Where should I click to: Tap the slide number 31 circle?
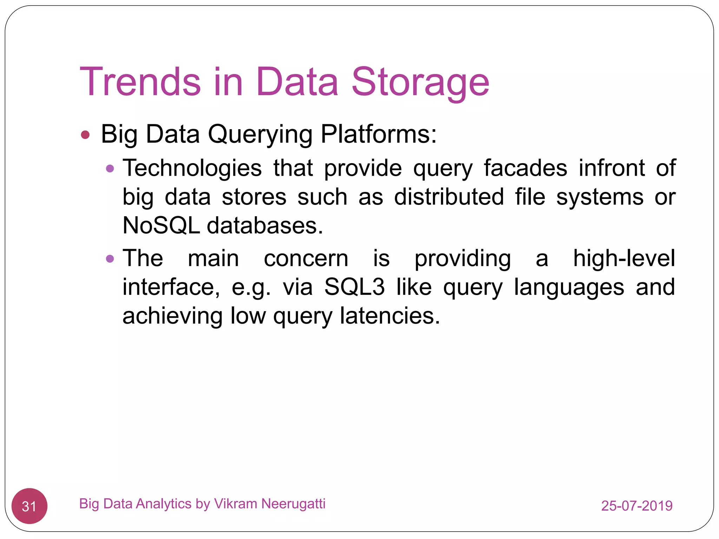click(29, 506)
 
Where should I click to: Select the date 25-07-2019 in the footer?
click(636, 506)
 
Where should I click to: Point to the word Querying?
click(260, 135)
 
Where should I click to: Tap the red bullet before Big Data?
click(85, 135)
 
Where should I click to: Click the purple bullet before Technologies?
click(110, 169)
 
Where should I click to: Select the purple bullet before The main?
click(110, 259)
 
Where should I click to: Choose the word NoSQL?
click(161, 225)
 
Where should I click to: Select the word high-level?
click(624, 258)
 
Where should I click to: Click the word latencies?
click(389, 315)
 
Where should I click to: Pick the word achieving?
click(172, 316)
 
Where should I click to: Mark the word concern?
click(306, 259)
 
